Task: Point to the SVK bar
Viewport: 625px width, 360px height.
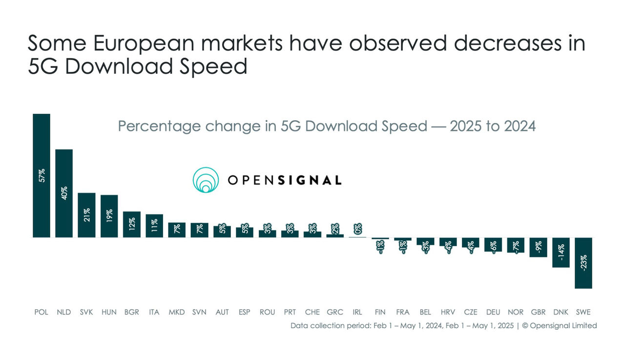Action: pyautogui.click(x=86, y=215)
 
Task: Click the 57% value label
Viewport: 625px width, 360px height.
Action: pyautogui.click(x=42, y=175)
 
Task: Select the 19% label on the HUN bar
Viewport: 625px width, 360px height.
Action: pyautogui.click(x=109, y=216)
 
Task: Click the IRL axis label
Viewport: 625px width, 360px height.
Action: pyautogui.click(x=357, y=312)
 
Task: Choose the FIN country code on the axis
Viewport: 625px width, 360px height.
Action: pyautogui.click(x=380, y=312)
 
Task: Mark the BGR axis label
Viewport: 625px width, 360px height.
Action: pyautogui.click(x=132, y=312)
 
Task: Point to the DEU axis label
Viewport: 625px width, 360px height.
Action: pyautogui.click(x=493, y=312)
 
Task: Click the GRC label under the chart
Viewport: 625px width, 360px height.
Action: pyautogui.click(x=335, y=312)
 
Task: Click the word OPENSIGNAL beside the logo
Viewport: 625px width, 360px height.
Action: pyautogui.click(x=285, y=180)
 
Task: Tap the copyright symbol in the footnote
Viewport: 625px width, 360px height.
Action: pyautogui.click(x=525, y=325)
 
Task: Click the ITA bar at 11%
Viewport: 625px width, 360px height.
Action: pyautogui.click(x=154, y=226)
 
